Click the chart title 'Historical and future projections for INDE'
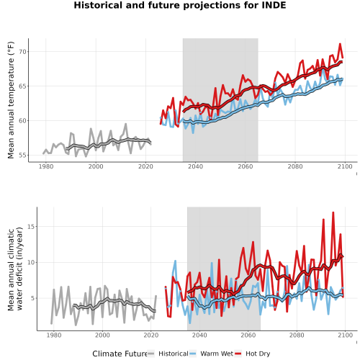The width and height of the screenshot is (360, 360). coord(180,5)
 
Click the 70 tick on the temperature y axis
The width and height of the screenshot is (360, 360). coord(22,52)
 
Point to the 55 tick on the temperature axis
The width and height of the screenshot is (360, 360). coord(22,156)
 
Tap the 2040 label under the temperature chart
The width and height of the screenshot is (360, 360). coord(195,166)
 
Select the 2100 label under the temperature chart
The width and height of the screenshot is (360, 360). coord(345,166)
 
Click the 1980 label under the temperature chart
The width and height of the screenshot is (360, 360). coord(46,166)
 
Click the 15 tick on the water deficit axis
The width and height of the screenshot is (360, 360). coord(31,227)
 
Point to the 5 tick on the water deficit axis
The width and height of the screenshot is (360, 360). coord(33,298)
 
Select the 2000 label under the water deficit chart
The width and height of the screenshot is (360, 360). coord(102,335)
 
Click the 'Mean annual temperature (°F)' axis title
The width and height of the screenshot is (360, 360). coord(11,100)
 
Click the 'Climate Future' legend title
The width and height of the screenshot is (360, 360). coord(120,354)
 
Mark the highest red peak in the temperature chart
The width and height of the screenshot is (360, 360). coord(340,44)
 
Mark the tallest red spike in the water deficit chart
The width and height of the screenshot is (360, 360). coord(333,212)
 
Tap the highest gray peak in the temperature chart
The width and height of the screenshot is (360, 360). coord(126,124)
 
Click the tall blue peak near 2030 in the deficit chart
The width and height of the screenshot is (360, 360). coord(175,261)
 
